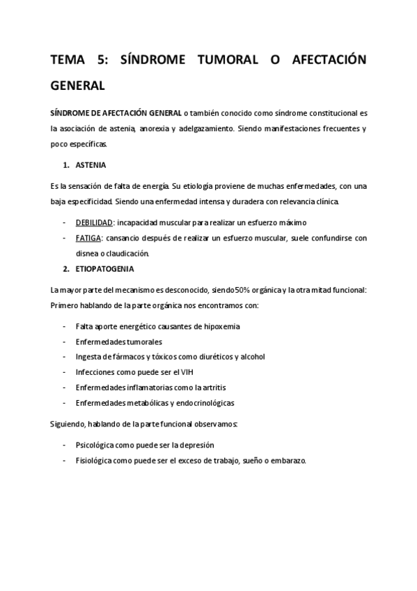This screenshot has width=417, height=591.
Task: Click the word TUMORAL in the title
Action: coord(224,61)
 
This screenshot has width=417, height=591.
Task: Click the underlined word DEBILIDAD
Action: coord(94,222)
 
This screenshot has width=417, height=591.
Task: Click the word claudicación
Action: coord(120,253)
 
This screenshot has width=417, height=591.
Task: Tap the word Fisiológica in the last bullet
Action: coord(93,460)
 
